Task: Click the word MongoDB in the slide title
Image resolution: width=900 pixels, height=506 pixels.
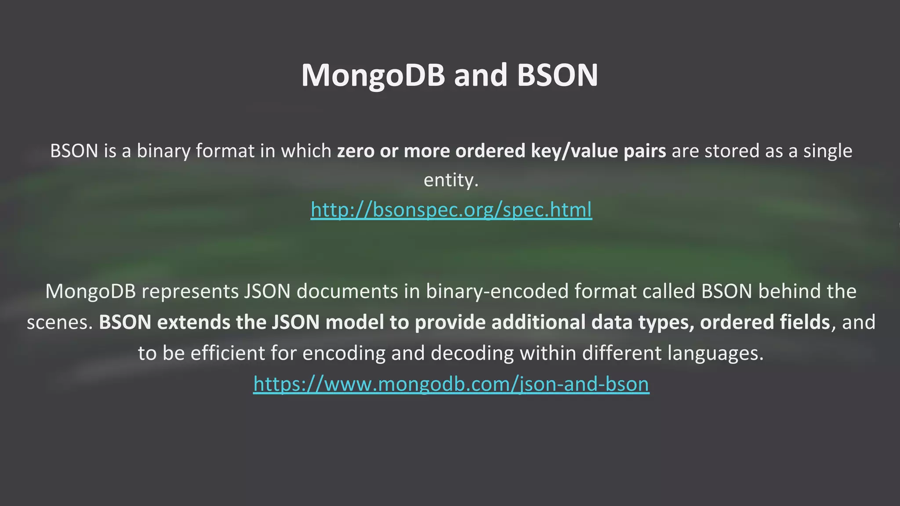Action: click(373, 76)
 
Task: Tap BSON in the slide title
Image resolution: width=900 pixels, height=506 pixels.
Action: click(557, 76)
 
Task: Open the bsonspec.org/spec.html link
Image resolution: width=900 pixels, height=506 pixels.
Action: click(451, 210)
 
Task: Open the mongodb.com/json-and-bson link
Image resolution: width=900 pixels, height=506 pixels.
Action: click(451, 383)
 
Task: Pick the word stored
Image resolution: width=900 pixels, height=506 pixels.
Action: click(732, 151)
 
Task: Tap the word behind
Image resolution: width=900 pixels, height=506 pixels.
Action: click(787, 292)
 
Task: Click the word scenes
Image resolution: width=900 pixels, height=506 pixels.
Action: click(58, 322)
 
